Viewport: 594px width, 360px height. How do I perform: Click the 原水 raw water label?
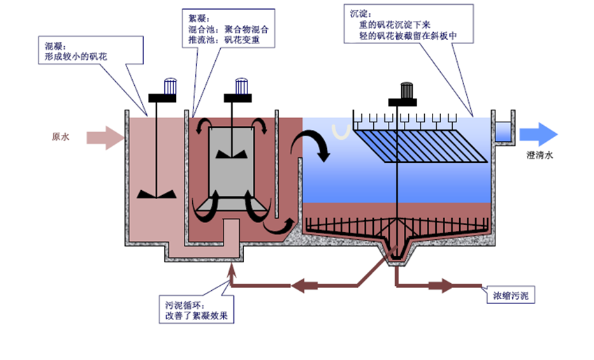61,137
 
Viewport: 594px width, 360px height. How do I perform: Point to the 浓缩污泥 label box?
510,297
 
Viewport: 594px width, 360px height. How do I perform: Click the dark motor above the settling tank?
406,92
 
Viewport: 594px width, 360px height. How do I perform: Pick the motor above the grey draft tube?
241,86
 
